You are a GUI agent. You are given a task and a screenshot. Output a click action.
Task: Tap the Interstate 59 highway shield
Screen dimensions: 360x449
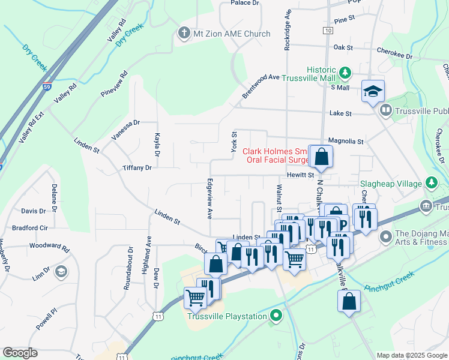pyautogui.click(x=47, y=87)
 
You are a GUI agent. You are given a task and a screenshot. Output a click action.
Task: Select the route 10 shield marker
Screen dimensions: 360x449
pyautogui.click(x=327, y=30)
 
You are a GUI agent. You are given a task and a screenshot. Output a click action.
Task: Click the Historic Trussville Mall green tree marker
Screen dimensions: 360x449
pyautogui.click(x=345, y=73)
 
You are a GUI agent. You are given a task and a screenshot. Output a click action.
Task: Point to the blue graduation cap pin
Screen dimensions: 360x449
pyautogui.click(x=373, y=91)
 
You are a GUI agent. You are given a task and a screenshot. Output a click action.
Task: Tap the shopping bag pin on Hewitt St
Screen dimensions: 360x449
pyautogui.click(x=321, y=157)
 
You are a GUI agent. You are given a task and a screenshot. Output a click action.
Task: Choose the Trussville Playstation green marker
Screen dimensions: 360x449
pyautogui.click(x=276, y=316)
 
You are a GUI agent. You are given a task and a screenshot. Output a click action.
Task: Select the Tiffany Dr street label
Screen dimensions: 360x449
pyautogui.click(x=137, y=168)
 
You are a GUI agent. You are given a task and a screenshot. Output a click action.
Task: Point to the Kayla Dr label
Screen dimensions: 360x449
pyautogui.click(x=157, y=145)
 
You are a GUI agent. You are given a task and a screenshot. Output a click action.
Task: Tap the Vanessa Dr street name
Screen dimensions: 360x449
pyautogui.click(x=125, y=130)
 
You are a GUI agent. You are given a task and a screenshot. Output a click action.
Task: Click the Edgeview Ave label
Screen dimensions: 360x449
pyautogui.click(x=209, y=197)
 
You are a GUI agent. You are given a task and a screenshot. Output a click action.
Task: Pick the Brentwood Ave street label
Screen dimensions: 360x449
pyautogui.click(x=261, y=86)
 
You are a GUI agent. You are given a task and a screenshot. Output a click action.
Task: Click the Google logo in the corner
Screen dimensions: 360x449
pyautogui.click(x=20, y=353)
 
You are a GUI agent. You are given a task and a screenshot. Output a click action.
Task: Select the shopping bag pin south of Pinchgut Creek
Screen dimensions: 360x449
pyautogui.click(x=349, y=302)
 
